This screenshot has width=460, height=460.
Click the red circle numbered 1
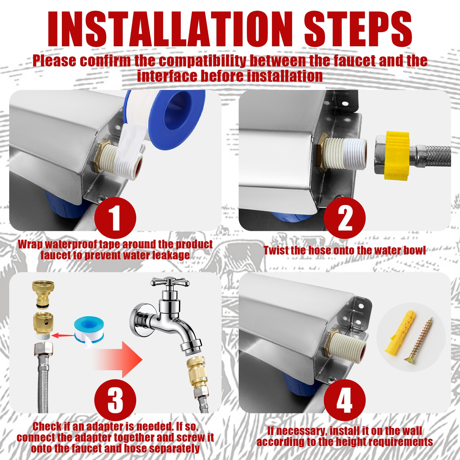coord(115,218)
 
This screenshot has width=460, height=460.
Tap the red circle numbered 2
coord(344,218)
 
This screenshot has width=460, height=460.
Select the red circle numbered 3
coord(115,400)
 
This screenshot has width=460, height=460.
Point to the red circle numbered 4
coord(344,400)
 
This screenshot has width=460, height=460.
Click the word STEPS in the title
coord(358,29)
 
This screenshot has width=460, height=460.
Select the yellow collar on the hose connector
coord(397,155)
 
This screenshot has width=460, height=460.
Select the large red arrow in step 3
coord(118,359)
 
